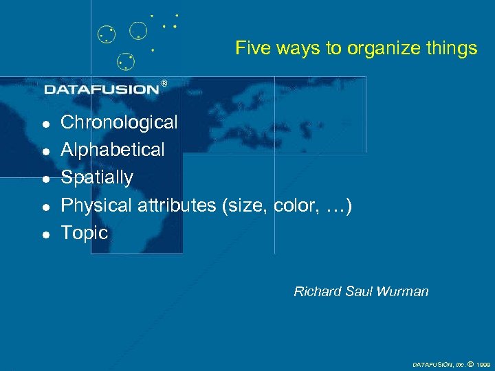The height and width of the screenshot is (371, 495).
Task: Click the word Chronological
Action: (119, 123)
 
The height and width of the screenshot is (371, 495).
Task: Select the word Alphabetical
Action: (113, 150)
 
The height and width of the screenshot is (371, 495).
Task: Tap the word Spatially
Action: (97, 177)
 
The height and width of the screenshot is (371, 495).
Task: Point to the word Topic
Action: (85, 233)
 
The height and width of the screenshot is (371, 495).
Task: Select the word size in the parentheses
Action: (246, 205)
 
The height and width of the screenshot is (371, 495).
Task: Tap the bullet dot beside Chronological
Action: (45, 124)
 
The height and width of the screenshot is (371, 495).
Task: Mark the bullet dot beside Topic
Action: (45, 234)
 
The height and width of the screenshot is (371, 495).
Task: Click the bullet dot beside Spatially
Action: (45, 179)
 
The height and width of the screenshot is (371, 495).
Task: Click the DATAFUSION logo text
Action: (102, 89)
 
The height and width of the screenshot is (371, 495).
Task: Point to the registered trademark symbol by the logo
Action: (164, 83)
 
